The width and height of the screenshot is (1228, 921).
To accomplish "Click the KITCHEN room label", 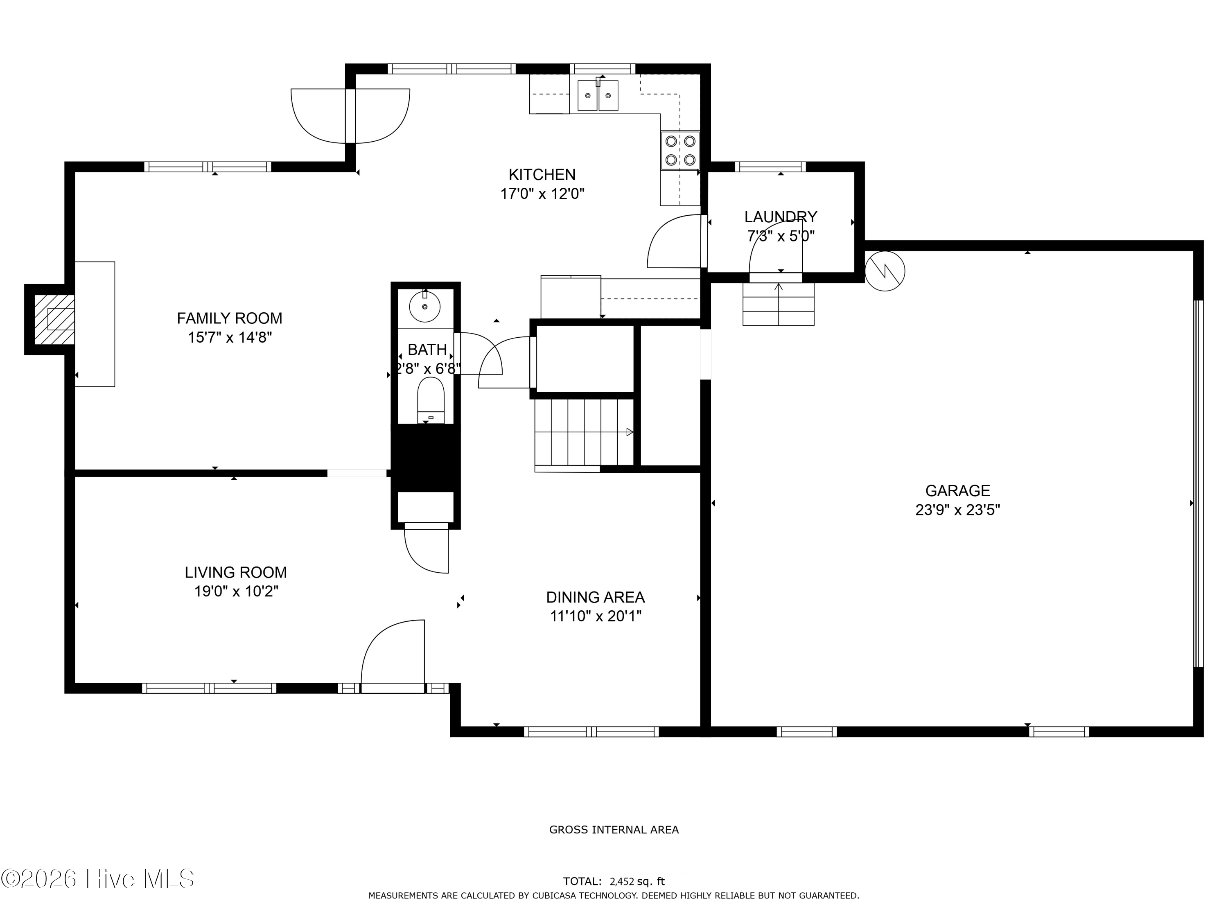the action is tap(542, 175).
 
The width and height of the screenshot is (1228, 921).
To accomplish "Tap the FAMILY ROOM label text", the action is tap(229, 318).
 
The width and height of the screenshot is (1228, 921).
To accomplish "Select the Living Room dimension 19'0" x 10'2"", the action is tap(236, 591).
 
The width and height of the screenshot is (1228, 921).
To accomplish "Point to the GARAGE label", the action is tap(958, 491).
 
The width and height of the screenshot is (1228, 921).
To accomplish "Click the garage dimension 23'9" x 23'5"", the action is tap(958, 510).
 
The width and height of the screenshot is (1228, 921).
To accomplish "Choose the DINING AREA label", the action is tap(595, 597).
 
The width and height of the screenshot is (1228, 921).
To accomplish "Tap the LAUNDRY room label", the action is tap(781, 217).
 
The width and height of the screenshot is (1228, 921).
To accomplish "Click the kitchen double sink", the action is tap(598, 95).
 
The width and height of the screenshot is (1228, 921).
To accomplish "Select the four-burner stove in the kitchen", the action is tap(680, 151).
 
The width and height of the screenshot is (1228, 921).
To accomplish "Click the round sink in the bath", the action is tap(425, 306).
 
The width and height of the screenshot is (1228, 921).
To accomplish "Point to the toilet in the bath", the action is tap(431, 400).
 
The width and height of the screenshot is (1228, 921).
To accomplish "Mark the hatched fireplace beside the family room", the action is tap(54, 319).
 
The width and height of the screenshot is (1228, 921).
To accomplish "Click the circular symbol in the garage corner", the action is tap(885, 271).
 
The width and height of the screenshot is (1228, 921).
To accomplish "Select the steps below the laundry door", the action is tap(778, 304).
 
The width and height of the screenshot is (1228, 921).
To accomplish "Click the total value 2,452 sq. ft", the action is tap(637, 881).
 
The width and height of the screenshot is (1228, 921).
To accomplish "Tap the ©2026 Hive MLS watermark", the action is tap(98, 879).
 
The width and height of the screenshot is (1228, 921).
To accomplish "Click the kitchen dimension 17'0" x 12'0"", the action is tap(542, 194).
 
